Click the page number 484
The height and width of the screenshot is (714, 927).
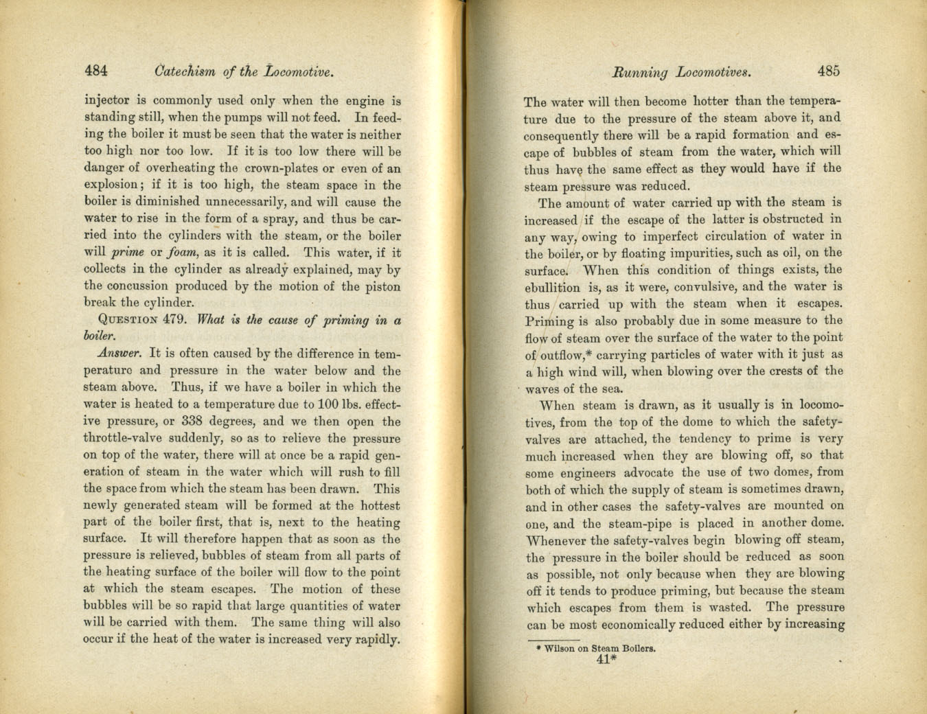click(96, 70)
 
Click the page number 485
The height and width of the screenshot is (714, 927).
click(828, 71)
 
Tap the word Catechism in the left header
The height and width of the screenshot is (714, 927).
click(185, 71)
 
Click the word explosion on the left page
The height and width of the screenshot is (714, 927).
click(112, 185)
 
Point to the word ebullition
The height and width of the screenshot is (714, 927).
click(552, 288)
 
